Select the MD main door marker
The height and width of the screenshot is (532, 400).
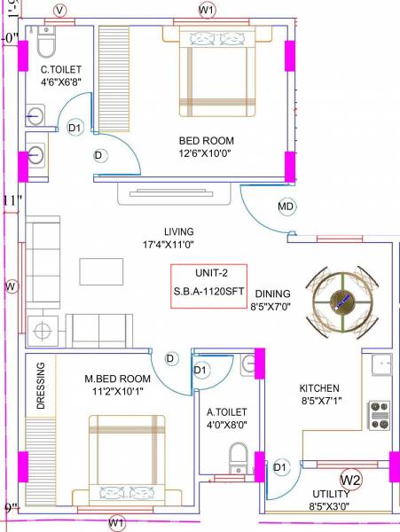[286, 207]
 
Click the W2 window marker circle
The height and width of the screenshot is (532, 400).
[351, 480]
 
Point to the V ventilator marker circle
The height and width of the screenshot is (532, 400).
[60, 10]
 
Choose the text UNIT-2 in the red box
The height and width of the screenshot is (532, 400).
[209, 274]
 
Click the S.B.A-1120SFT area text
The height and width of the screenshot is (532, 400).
[209, 289]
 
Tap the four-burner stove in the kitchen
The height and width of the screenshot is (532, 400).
[380, 411]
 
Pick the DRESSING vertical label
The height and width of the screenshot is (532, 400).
[41, 386]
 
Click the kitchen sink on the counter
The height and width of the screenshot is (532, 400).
[382, 363]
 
